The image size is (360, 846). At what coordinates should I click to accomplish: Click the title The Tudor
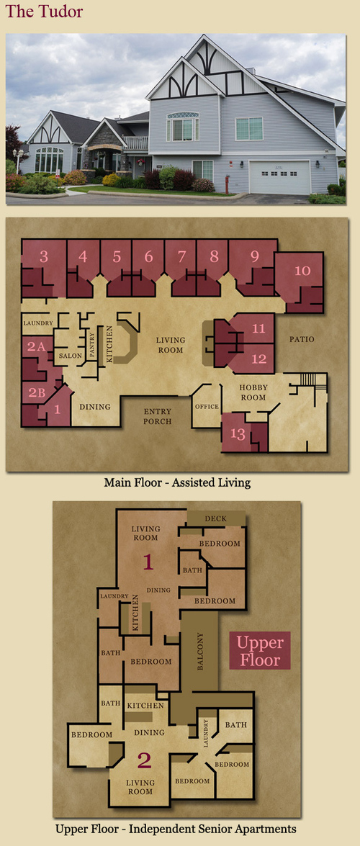tap(44, 11)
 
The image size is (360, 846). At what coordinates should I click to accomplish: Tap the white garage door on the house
tap(279, 177)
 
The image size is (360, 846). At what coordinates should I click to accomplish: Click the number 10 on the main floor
tap(302, 271)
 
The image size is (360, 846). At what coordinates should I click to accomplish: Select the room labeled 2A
tap(36, 347)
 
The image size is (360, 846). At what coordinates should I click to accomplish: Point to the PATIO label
tap(302, 339)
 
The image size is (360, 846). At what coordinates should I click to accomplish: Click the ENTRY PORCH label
tap(158, 416)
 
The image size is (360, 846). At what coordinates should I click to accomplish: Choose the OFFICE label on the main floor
tap(207, 406)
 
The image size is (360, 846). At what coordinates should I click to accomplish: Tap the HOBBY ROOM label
tap(253, 392)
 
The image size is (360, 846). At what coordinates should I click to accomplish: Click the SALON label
tap(70, 356)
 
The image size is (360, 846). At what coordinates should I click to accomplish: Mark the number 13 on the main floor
tap(236, 432)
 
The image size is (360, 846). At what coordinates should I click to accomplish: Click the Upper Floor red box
tap(260, 651)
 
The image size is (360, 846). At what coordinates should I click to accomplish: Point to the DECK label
tap(216, 518)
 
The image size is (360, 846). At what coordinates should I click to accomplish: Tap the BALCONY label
tap(200, 652)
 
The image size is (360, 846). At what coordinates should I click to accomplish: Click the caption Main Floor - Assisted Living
tap(177, 482)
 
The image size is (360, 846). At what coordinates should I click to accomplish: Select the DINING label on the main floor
tap(95, 407)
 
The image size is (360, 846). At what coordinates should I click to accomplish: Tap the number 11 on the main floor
tap(259, 328)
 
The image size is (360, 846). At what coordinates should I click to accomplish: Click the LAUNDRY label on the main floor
tap(37, 323)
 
